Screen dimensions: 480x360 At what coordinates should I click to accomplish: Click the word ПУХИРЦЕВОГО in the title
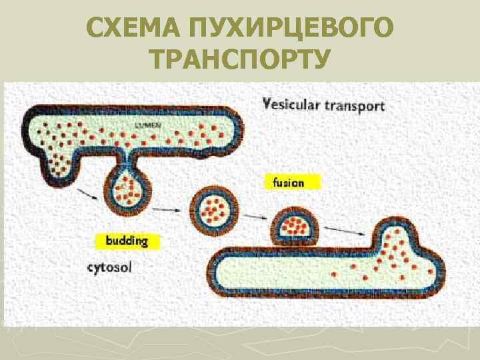coord(293,29)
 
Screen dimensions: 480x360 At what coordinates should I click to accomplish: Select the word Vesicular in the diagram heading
coord(293,105)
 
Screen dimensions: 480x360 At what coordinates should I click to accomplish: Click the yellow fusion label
coord(288,182)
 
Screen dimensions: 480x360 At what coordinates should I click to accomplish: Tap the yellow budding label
coord(126,241)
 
